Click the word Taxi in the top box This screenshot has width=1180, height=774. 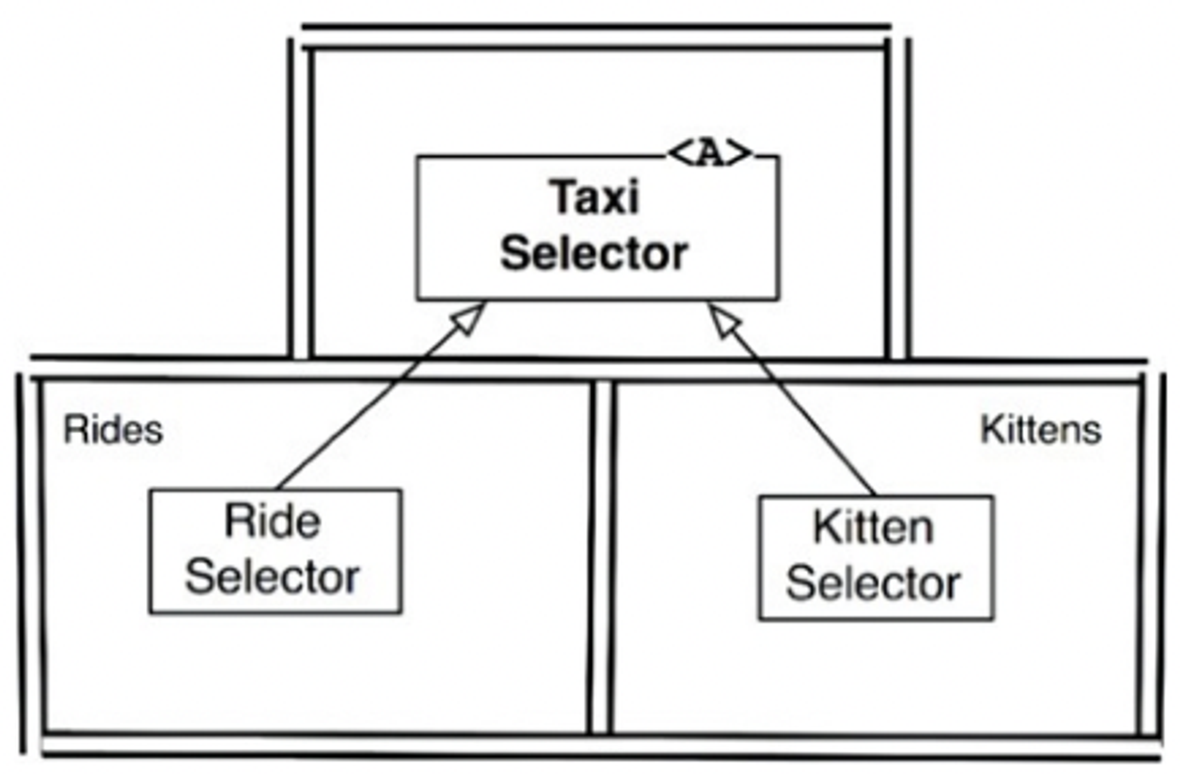tap(595, 197)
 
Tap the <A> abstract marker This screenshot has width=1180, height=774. tap(710, 154)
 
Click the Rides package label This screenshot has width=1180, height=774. tap(113, 430)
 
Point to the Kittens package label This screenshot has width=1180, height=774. tap(1040, 430)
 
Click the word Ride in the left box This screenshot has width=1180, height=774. tap(273, 521)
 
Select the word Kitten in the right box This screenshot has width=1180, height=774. tap(873, 527)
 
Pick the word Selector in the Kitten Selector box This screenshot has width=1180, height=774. tap(873, 583)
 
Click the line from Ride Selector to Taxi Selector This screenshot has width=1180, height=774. tap(366, 407)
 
